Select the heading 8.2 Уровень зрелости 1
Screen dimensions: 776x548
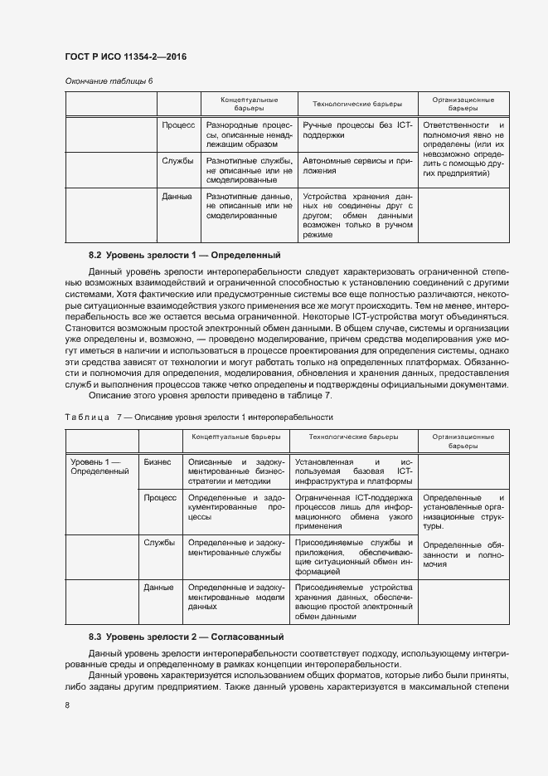[185, 256]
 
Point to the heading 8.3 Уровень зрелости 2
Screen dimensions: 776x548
[187, 637]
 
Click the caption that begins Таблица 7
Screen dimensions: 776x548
[198, 417]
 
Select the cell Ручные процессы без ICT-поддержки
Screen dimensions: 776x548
[357, 129]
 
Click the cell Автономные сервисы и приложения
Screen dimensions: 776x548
[357, 166]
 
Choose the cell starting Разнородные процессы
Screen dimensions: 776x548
[250, 134]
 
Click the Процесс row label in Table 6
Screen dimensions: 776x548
[178, 124]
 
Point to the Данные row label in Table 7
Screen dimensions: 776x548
[158, 588]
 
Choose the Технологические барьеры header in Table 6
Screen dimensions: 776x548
[357, 104]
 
